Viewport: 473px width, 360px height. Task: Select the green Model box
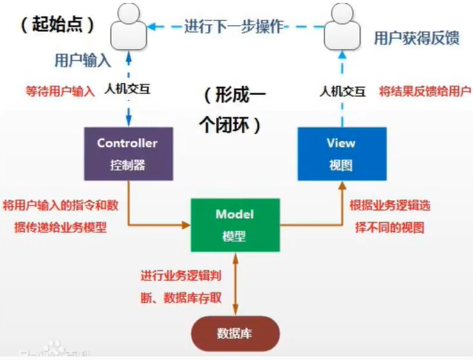[235, 224]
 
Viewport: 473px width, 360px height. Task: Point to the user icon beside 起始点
[128, 27]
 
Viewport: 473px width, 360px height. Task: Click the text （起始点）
[58, 24]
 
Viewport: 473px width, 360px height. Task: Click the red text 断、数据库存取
[182, 299]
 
